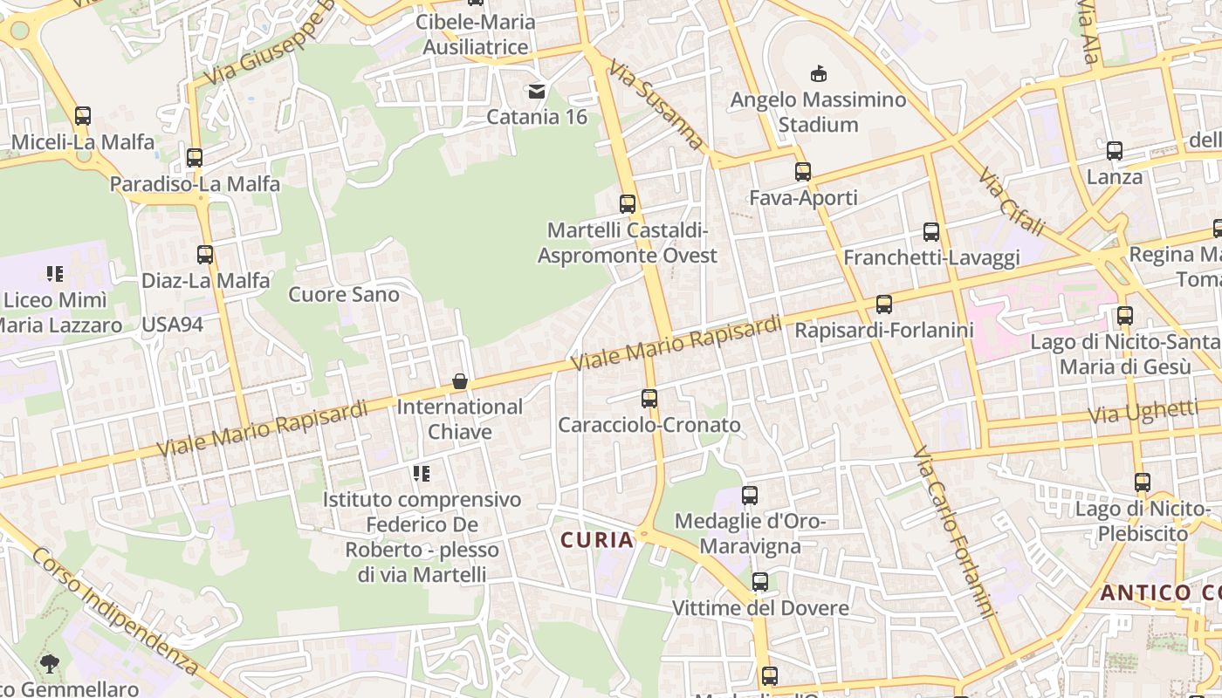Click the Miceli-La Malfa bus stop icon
point(83,115)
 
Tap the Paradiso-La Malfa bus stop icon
point(195,158)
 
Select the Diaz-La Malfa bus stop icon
point(205,255)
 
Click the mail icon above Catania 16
point(537,91)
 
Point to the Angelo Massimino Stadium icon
point(819,74)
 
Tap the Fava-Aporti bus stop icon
point(803,172)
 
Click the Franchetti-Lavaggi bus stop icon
point(931,232)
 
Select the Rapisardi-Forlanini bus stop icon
point(884,305)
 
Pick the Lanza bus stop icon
point(1115,151)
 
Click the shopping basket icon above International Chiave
point(460,381)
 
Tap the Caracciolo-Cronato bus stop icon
point(649,399)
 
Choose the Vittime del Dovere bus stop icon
point(760,582)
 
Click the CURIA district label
point(598,539)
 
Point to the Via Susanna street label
point(656,104)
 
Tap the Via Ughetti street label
point(1143,411)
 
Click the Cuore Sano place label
point(344,294)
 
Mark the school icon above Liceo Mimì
point(55,274)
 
